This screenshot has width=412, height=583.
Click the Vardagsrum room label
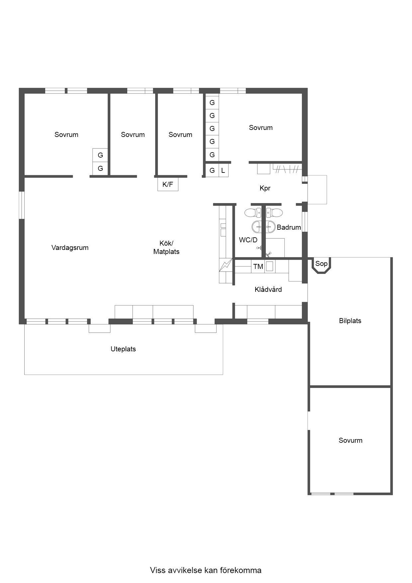pyautogui.click(x=70, y=248)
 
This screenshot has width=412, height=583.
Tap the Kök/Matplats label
pyautogui.click(x=166, y=248)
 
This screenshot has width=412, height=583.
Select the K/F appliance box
pyautogui.click(x=168, y=184)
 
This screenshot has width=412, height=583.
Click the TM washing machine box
pyautogui.click(x=258, y=266)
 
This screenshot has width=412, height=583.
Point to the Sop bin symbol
pyautogui.click(x=321, y=265)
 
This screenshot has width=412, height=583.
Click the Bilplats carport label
pyautogui.click(x=350, y=321)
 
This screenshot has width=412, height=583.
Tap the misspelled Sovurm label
pyautogui.click(x=351, y=440)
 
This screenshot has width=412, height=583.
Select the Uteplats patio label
pyautogui.click(x=123, y=349)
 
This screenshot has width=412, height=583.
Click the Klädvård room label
pyautogui.click(x=268, y=290)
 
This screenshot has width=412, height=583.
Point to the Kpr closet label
pyautogui.click(x=265, y=188)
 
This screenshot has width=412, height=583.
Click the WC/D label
pyautogui.click(x=248, y=240)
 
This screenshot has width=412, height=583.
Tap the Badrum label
pyautogui.click(x=289, y=227)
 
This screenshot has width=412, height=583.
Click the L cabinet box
pyautogui.click(x=223, y=171)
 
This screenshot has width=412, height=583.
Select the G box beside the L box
pyautogui.click(x=212, y=171)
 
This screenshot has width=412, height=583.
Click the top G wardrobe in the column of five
pyautogui.click(x=212, y=102)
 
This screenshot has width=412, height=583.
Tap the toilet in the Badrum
pyautogui.click(x=273, y=212)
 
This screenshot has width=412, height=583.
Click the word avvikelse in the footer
pyautogui.click(x=184, y=570)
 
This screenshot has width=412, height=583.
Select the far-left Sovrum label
pyautogui.click(x=66, y=135)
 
